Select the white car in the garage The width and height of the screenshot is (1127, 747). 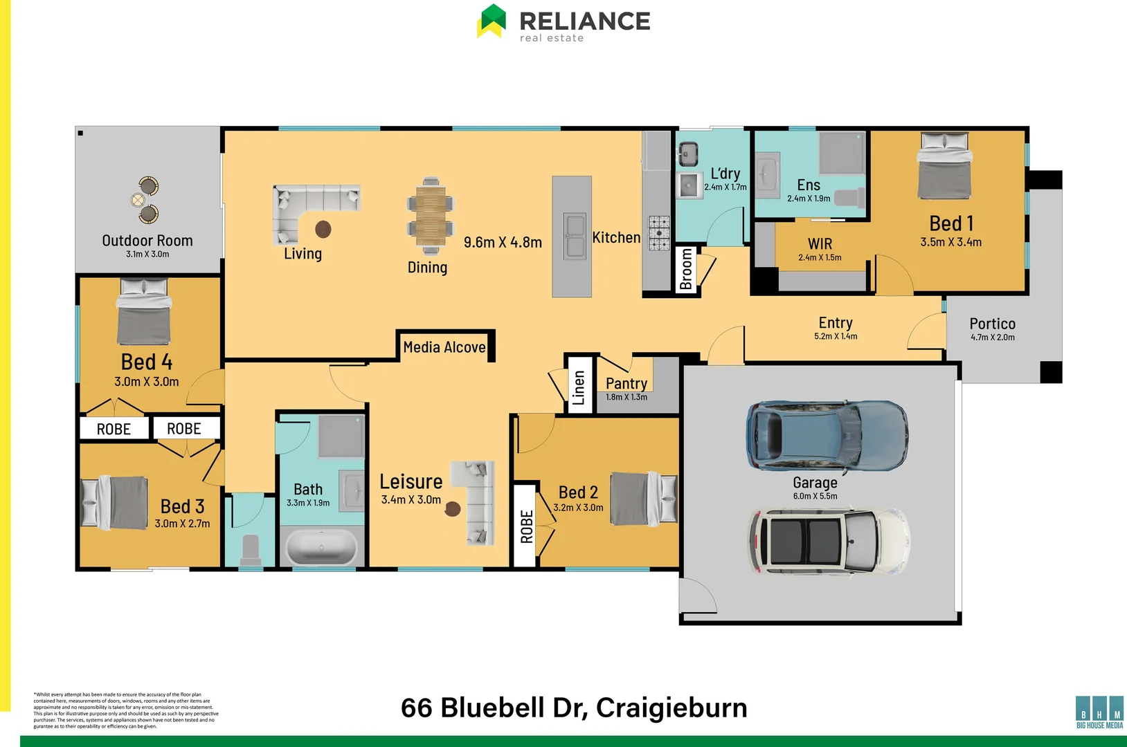(x=828, y=542)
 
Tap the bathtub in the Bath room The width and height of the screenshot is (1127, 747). (x=321, y=547)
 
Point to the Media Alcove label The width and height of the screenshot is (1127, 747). (x=444, y=347)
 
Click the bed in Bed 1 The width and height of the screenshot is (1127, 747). (x=944, y=166)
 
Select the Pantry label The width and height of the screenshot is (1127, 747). (x=626, y=383)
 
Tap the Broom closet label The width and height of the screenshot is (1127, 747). (x=686, y=269)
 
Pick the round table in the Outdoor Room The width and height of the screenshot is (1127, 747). (x=138, y=200)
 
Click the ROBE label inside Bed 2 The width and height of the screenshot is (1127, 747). (x=526, y=526)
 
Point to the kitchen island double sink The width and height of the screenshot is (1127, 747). (x=574, y=236)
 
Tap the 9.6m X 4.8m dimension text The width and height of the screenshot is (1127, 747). (x=503, y=243)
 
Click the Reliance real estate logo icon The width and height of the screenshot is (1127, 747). (x=492, y=21)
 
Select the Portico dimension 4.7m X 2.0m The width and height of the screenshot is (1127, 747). (x=992, y=338)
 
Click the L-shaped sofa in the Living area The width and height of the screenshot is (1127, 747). (x=307, y=206)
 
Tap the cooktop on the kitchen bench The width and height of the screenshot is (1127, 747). (x=658, y=232)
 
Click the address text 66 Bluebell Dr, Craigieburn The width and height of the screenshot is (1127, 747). (x=574, y=708)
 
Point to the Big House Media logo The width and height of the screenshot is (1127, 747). (x=1099, y=712)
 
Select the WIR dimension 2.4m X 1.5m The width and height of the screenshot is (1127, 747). (x=820, y=257)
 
